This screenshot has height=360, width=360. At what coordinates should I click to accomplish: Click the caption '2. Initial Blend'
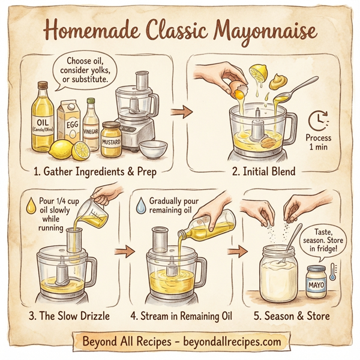(x=263, y=172)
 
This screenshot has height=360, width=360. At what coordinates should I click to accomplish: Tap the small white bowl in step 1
(x=153, y=148)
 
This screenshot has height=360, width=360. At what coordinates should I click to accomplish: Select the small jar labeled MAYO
(x=316, y=280)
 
